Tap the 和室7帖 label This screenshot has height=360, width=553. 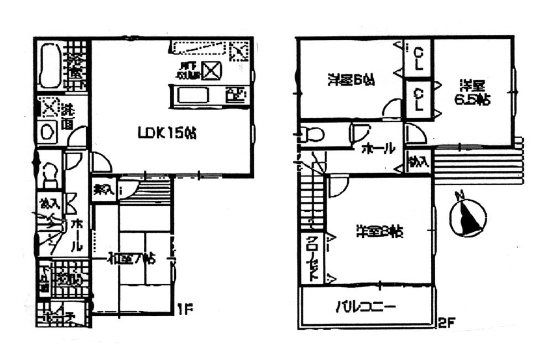(131, 258)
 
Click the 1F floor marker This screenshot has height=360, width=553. (184, 311)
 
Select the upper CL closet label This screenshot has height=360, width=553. (419, 57)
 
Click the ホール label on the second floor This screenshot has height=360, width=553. (379, 148)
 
